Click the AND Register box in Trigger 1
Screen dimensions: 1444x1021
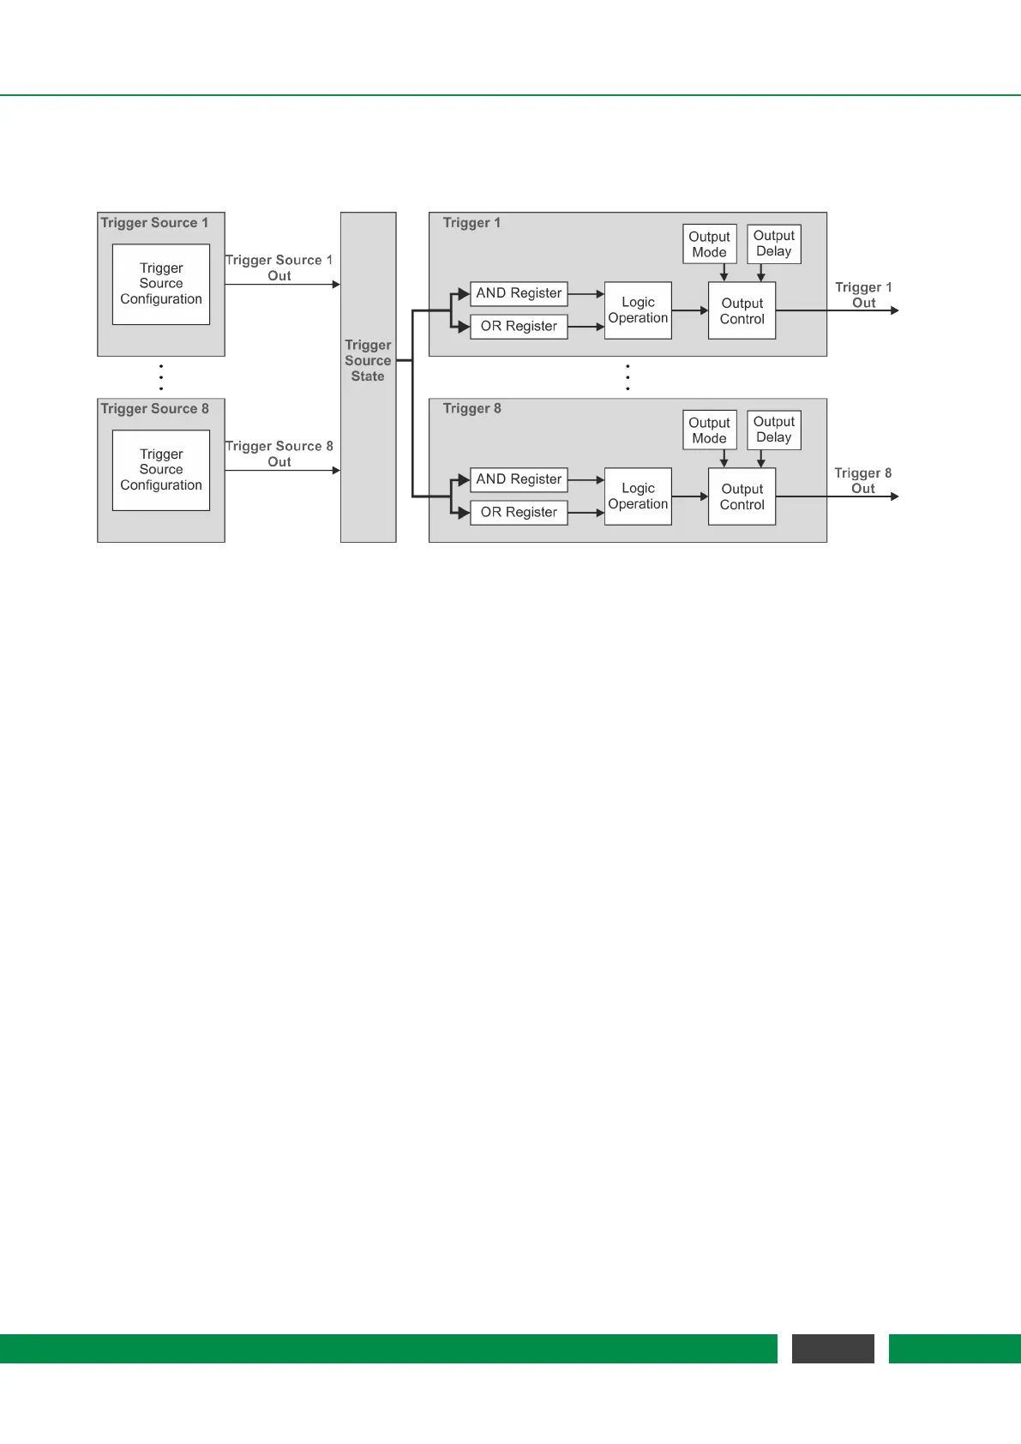[519, 293]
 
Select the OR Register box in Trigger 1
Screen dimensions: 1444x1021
[519, 327]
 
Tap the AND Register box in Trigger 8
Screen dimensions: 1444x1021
[519, 479]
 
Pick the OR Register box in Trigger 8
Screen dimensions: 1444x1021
[519, 513]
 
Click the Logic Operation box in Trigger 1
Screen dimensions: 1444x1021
[638, 310]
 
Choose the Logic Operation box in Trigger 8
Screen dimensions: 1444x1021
[638, 496]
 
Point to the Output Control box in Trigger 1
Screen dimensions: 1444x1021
[742, 310]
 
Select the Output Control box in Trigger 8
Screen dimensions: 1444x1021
[742, 496]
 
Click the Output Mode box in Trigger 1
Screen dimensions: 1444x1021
[709, 244]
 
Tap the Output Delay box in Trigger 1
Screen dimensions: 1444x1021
[773, 244]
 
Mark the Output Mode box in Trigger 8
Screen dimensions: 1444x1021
[709, 430]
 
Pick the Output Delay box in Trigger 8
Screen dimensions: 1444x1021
[773, 430]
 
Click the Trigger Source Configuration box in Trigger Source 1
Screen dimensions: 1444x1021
[161, 284]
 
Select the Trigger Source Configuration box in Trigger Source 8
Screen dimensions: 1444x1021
[161, 470]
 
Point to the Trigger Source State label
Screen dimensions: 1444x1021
[368, 361]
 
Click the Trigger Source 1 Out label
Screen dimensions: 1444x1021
[279, 268]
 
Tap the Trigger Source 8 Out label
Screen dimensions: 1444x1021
[279, 454]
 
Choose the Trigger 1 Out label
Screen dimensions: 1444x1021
[863, 295]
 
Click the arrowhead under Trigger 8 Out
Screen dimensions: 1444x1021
[894, 496]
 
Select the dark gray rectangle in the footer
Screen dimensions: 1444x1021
[832, 1348]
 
